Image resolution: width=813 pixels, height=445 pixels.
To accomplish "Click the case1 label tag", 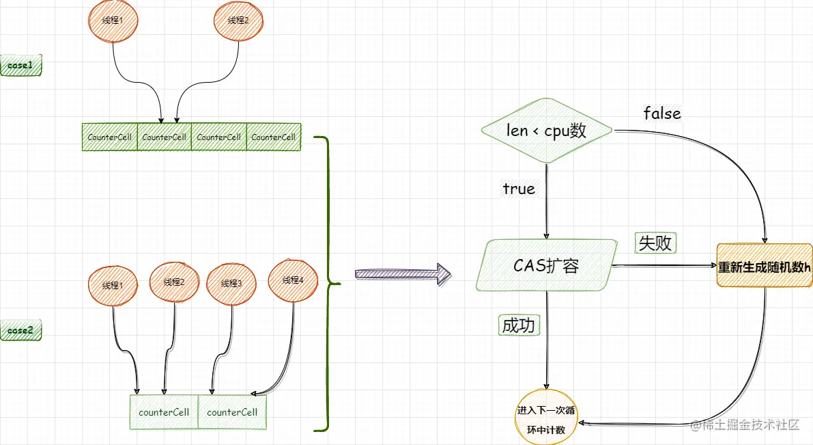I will tap(20, 65).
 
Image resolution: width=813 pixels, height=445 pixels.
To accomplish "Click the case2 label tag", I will tap(20, 331).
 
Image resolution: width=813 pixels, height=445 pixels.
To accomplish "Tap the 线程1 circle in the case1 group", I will tap(113, 21).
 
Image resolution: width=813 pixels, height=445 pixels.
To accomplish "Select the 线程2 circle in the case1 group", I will tap(238, 21).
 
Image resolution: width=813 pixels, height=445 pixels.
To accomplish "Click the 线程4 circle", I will tap(293, 280).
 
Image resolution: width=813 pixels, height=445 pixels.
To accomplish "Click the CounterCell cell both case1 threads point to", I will tap(164, 137).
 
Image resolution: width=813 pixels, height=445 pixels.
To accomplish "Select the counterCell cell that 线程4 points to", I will tap(232, 412).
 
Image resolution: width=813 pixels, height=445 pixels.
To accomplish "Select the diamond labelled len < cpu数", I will tap(546, 131).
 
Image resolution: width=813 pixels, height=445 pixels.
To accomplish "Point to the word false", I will tap(662, 113).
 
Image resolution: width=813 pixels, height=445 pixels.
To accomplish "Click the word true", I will tap(519, 189).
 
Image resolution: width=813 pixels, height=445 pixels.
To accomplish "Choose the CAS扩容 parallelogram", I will tap(546, 266).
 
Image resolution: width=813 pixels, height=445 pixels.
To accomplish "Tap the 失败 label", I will tap(655, 243).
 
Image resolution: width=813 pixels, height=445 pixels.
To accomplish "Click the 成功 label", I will tap(519, 326).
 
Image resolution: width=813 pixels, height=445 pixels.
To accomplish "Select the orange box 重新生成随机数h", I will tap(764, 267).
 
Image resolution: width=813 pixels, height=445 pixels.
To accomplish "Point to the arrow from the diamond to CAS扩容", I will tap(546, 202).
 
